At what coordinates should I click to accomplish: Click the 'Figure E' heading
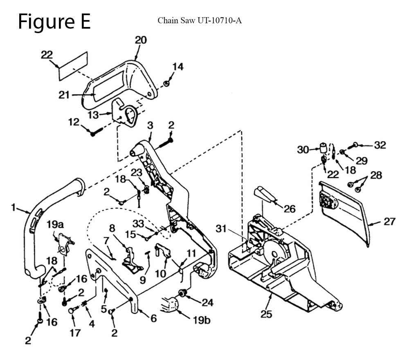tap(54, 22)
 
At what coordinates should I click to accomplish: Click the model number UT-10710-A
tap(219, 20)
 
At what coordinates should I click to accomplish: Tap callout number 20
tap(141, 40)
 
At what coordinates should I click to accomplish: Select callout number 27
tap(389, 221)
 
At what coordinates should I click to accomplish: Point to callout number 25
tap(266, 314)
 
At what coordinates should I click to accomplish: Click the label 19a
tap(55, 224)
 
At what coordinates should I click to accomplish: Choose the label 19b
tap(201, 320)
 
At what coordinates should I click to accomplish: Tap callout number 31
tap(221, 229)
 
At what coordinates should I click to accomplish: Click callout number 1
tap(13, 208)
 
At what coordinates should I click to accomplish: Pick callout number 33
tap(138, 223)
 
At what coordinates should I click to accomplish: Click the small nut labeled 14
tap(166, 83)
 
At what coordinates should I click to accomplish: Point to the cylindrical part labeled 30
tap(324, 148)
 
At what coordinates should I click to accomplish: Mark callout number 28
tap(376, 175)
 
